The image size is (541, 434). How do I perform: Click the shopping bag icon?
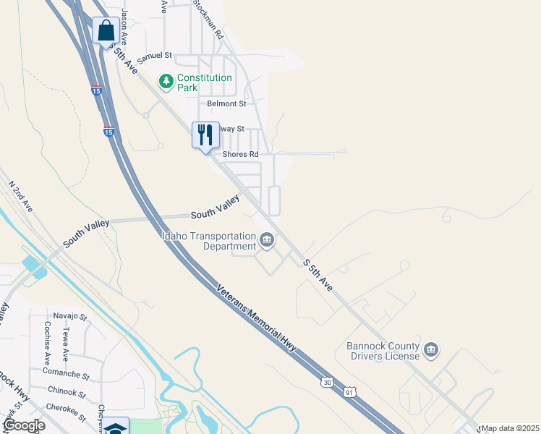click(x=106, y=31)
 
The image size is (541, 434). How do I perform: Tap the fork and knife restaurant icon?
click(x=205, y=135)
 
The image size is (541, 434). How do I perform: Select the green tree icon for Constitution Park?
click(x=167, y=81)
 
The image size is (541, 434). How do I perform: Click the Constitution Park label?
click(x=205, y=82)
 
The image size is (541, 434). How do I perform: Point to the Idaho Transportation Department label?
click(x=210, y=242)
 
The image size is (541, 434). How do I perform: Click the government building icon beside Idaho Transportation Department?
click(x=267, y=239)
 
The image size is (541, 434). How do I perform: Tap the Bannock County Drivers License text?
click(x=383, y=351)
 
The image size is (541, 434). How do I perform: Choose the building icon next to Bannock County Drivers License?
click(x=431, y=351)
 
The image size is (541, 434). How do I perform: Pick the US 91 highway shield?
click(x=350, y=391)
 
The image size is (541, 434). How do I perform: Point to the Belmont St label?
click(x=226, y=104)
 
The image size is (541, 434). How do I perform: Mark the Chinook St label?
click(x=67, y=392)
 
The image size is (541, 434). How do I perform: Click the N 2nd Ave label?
click(x=20, y=196)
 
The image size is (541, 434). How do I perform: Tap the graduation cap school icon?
click(x=116, y=427)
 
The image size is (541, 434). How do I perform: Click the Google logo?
click(x=23, y=425)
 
